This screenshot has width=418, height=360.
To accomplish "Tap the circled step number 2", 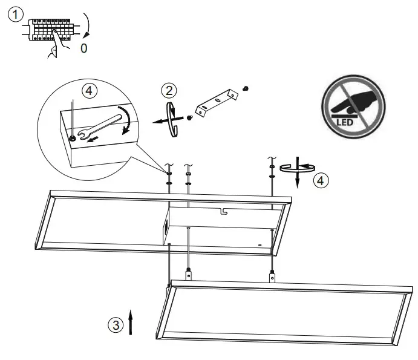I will [169, 91].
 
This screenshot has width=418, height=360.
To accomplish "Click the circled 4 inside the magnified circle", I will [89, 91].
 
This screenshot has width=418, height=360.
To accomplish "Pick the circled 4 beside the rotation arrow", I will [322, 180].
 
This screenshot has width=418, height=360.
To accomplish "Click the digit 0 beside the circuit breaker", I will [83, 48].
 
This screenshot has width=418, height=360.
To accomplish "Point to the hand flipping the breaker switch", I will [57, 45].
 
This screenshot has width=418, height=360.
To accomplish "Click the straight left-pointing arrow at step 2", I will [160, 121].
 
